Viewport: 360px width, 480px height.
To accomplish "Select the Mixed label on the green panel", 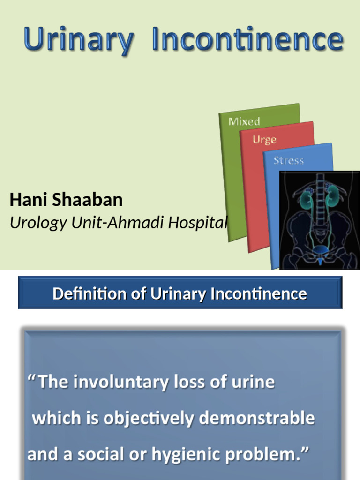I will point(244,121).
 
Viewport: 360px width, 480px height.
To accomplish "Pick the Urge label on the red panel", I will point(264,140).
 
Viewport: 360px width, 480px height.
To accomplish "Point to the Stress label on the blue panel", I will point(288,160).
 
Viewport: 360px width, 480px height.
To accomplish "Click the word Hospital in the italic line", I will point(198,223).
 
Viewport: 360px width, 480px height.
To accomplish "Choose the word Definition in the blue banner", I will point(90,294).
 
